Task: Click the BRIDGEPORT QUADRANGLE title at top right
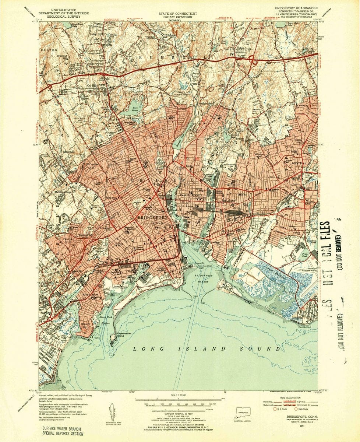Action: (x=295, y=7)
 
